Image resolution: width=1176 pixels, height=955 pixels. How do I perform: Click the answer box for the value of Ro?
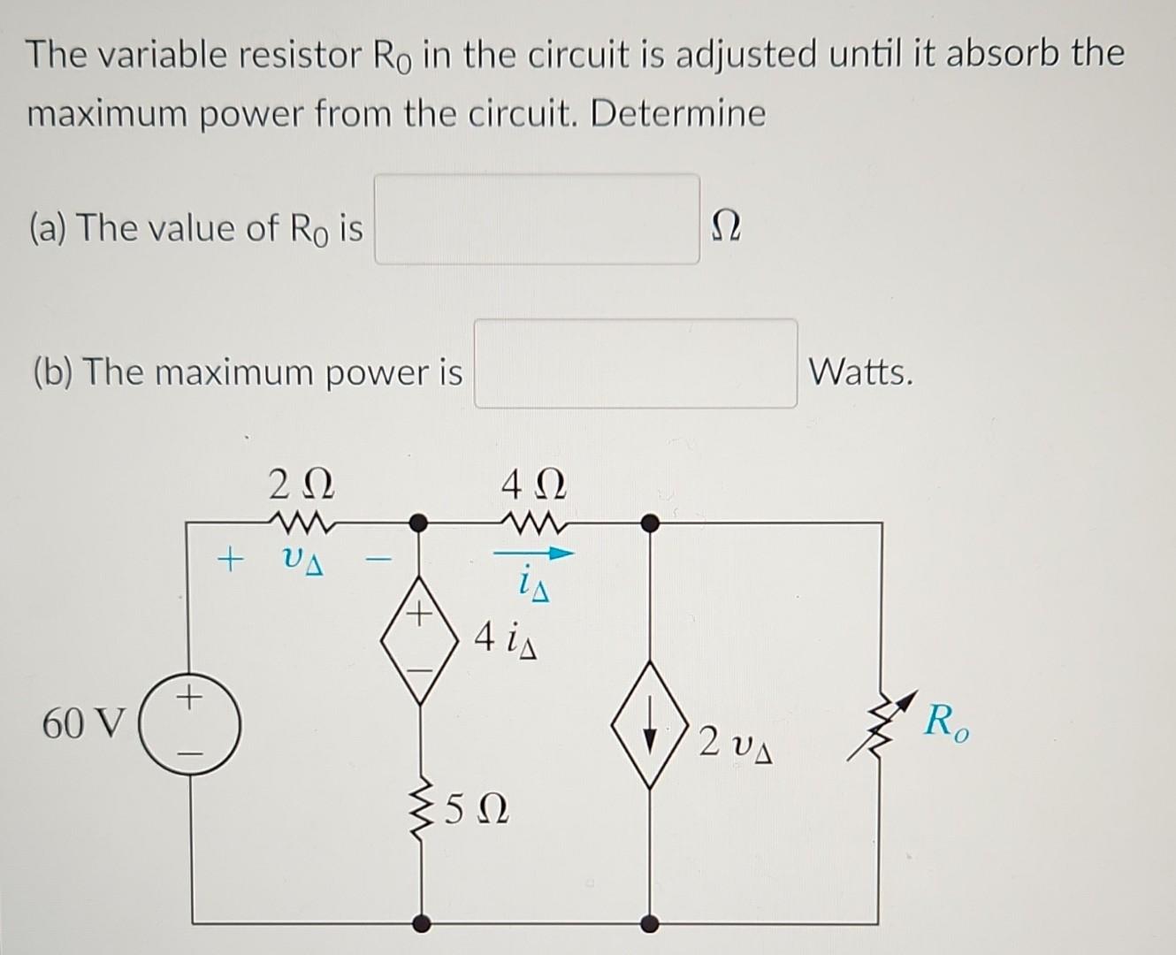537,219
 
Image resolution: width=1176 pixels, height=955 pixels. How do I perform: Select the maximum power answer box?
635,363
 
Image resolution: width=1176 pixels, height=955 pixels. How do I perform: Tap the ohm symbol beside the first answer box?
726,229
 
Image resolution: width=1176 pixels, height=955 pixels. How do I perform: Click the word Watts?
860,371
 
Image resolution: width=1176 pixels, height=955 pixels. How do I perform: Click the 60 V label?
84,724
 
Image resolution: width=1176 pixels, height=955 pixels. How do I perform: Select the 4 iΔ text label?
504,636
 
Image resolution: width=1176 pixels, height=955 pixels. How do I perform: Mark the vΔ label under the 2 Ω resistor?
301,561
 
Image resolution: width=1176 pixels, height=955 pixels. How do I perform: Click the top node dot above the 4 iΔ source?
421,523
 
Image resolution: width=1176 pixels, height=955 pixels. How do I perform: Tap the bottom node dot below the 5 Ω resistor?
423,923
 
